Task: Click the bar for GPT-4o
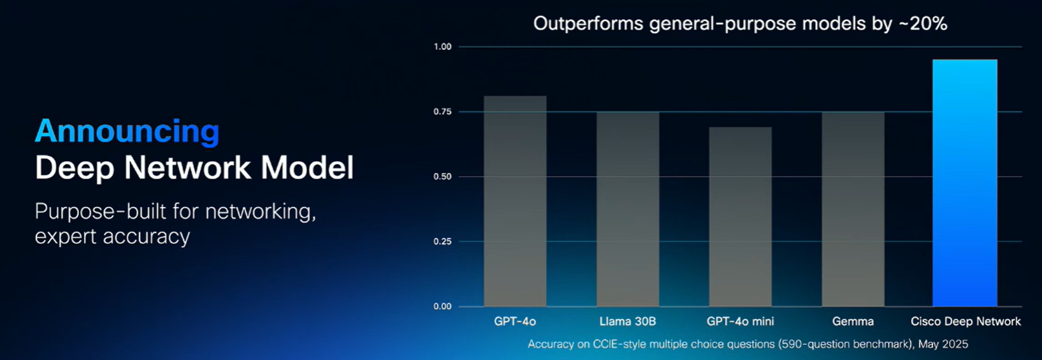(515, 201)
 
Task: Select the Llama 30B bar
(628, 209)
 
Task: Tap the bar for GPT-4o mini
(740, 217)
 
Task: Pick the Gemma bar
(853, 209)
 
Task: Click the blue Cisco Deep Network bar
(965, 183)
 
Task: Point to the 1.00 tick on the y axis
(442, 47)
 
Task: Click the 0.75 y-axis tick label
(442, 112)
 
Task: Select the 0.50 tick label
(442, 176)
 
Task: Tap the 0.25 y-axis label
(442, 241)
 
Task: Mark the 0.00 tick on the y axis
(442, 306)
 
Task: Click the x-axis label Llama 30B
(628, 321)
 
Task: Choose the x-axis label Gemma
(853, 321)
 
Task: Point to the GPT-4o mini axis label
(740, 321)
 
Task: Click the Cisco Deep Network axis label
(966, 321)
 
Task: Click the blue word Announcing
(127, 132)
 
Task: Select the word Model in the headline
(307, 168)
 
